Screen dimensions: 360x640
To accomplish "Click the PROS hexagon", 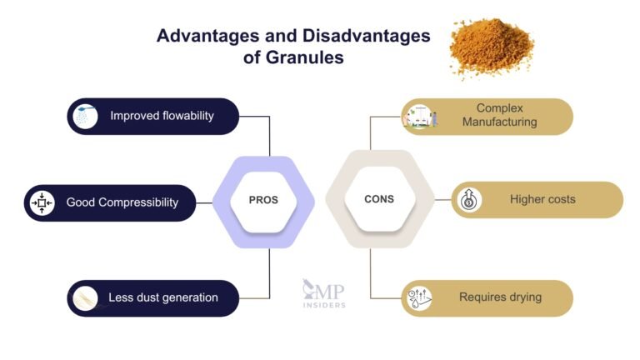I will (x=263, y=200).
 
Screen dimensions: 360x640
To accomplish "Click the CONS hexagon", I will (x=378, y=200).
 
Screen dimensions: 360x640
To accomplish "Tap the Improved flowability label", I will (x=162, y=116).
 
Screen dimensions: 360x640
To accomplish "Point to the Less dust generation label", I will (x=162, y=297).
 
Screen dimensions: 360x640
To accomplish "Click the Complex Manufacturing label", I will (x=506, y=116).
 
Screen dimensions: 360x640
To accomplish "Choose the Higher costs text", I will (x=542, y=200).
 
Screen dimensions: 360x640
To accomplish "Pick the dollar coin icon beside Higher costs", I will (x=470, y=200).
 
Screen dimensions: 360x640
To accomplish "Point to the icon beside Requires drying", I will (x=420, y=297).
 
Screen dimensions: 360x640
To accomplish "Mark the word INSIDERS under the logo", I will (x=324, y=305).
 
